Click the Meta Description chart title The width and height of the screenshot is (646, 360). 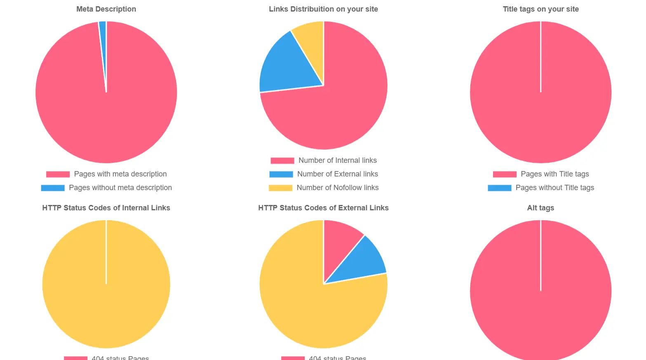[x=106, y=9]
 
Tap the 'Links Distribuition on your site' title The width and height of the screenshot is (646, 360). [x=323, y=9]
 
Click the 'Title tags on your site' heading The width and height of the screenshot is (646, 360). [x=540, y=9]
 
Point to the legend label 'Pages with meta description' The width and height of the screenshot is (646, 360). [x=120, y=174]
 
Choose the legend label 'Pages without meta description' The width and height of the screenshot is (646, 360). [x=120, y=188]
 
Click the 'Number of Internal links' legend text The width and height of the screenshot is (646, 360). [x=337, y=160]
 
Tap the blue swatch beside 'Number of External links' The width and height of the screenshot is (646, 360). [x=281, y=174]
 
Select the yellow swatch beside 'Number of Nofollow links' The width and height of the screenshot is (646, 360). [x=280, y=188]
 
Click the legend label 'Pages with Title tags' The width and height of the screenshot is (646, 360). [x=554, y=174]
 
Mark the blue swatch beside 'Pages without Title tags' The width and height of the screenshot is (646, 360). [x=499, y=188]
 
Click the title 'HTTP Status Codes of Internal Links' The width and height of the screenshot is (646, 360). [x=106, y=208]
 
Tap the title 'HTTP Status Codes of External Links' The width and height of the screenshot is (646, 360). [x=323, y=208]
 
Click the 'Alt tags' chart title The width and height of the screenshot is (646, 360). [x=540, y=208]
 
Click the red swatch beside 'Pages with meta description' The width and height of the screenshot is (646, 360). [x=58, y=174]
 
